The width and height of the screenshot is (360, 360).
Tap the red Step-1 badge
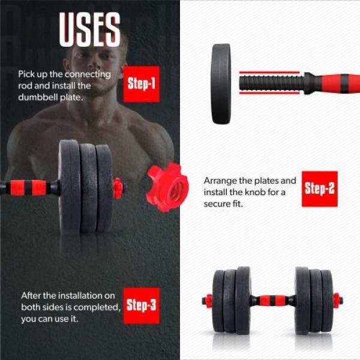tap(141, 83)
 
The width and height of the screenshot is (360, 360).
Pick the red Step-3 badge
tap(141, 305)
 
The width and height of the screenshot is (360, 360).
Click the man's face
tap(90, 66)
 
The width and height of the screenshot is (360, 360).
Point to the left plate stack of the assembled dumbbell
tap(232, 299)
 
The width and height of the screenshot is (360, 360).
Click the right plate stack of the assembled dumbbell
tap(313, 299)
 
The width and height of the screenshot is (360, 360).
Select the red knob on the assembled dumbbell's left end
tap(208, 299)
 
